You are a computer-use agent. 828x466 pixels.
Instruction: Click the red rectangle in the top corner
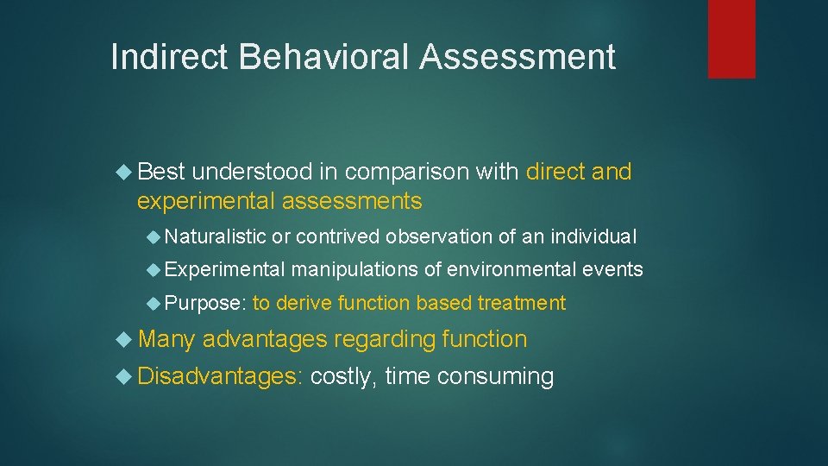(x=731, y=39)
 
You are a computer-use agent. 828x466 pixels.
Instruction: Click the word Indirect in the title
(x=170, y=57)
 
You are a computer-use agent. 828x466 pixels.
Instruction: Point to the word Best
(x=161, y=172)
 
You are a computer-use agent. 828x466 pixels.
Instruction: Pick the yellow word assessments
(x=352, y=202)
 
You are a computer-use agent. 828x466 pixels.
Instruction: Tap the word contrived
(x=338, y=236)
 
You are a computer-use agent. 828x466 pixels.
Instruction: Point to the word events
(x=612, y=270)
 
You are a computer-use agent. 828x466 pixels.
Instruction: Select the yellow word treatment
(x=523, y=303)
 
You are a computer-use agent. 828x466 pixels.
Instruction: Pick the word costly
(x=343, y=377)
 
